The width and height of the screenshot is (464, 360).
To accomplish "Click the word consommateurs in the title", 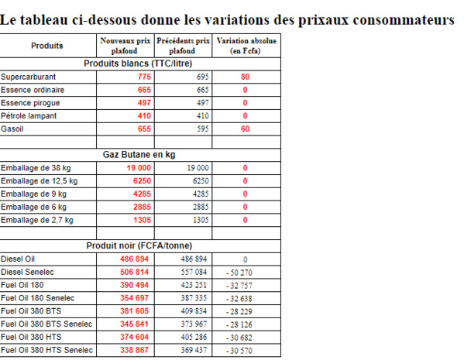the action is (402, 20).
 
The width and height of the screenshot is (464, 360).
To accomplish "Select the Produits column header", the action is (47, 46).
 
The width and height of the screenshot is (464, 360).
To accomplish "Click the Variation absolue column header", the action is (246, 46).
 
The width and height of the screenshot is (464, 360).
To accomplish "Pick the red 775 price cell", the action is (144, 77).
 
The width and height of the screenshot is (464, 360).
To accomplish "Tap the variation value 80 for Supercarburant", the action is (245, 77).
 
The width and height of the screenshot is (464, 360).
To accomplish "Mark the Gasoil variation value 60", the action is (245, 129).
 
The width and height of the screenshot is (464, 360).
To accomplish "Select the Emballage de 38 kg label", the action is (36, 168).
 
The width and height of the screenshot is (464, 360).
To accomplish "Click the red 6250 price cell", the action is (142, 180).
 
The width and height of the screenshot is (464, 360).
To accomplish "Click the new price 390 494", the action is (135, 285).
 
